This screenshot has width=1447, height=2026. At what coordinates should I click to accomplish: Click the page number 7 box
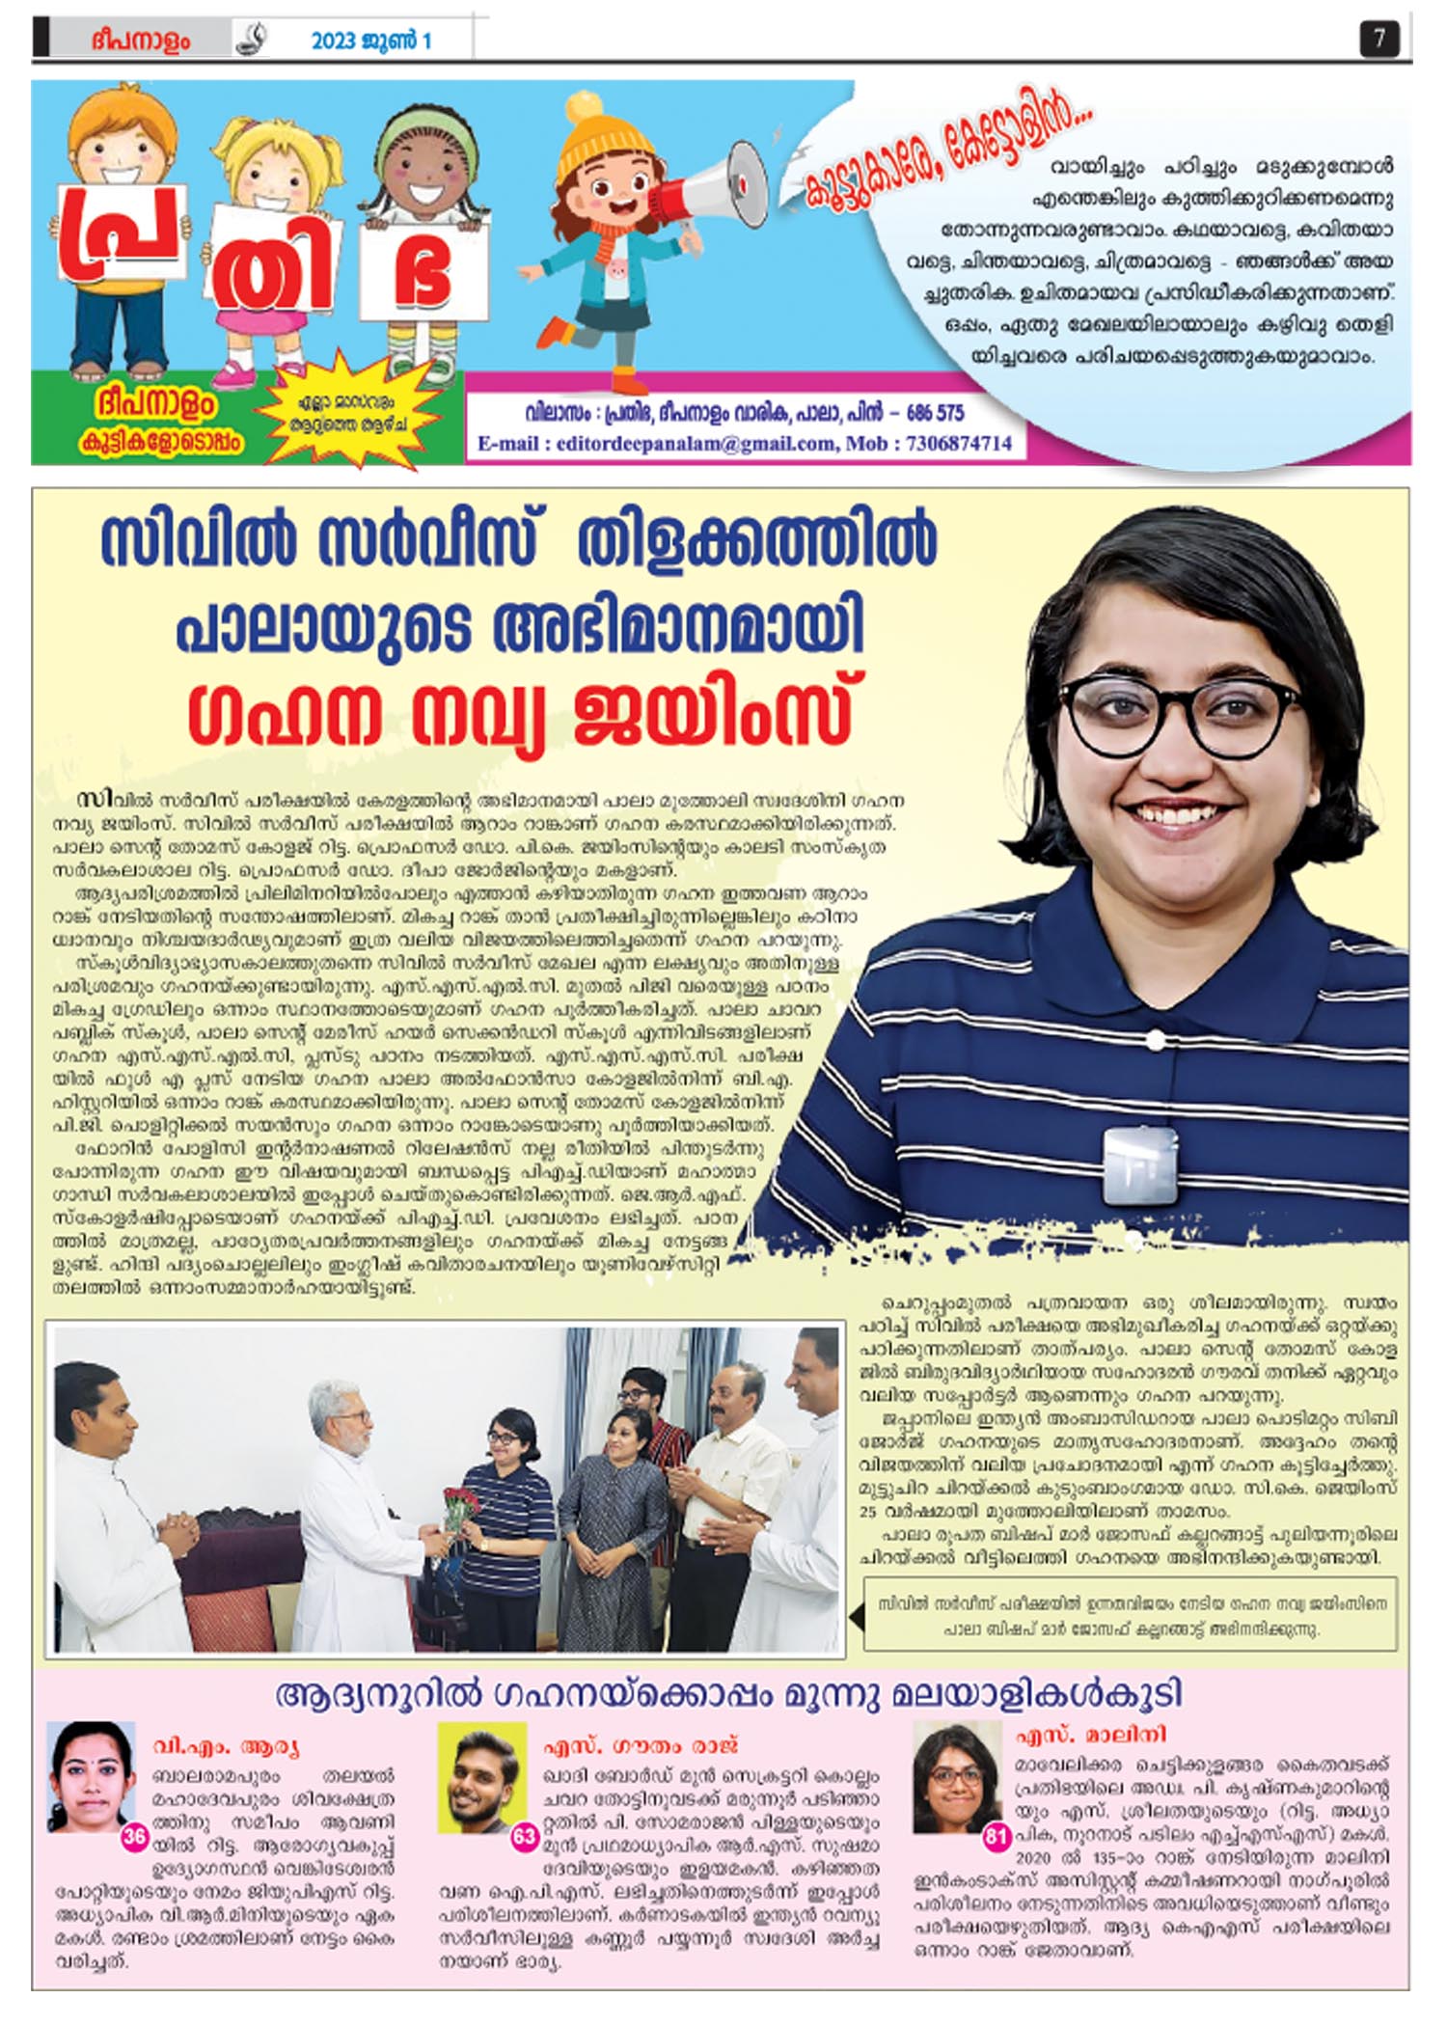pos(1379,39)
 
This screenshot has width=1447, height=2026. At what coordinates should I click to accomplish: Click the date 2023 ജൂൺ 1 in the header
pos(370,41)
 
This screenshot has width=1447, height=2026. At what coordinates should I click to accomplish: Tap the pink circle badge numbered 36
pos(134,1836)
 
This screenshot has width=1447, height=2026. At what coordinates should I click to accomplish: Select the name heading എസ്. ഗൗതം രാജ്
pos(641,1745)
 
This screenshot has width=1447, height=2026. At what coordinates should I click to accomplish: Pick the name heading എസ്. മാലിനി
pos(1090,1734)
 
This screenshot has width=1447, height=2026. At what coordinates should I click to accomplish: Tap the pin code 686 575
pos(934,413)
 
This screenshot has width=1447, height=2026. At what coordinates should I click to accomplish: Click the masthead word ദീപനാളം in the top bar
pos(141,41)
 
